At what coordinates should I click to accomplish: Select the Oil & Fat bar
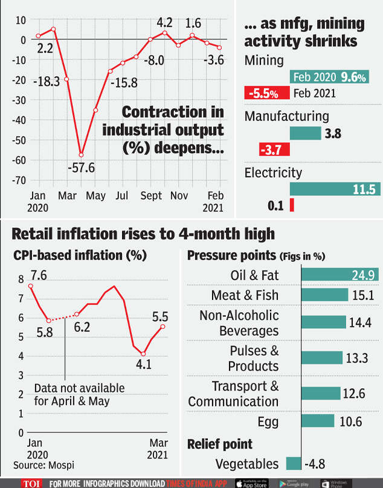click(340, 275)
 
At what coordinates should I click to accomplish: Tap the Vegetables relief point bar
click(293, 464)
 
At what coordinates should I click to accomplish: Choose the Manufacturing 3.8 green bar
click(305, 134)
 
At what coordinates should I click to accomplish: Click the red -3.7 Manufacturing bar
click(274, 149)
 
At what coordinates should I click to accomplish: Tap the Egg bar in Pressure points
click(317, 421)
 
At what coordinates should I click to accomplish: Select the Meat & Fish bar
click(324, 295)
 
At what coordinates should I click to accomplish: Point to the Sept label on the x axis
click(152, 196)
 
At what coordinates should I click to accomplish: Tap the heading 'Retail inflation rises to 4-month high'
click(143, 234)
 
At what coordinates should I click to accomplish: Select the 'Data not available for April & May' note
click(79, 394)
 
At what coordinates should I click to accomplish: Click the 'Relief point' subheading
click(220, 444)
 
